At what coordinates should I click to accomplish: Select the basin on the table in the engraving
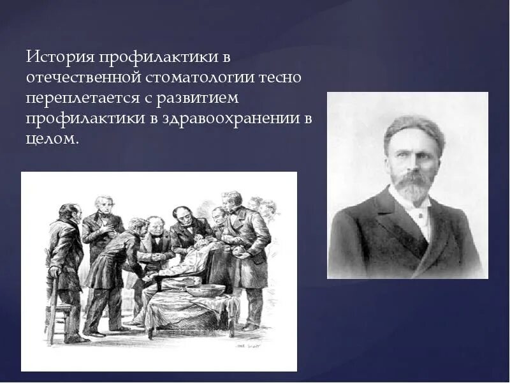coord(206,290)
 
